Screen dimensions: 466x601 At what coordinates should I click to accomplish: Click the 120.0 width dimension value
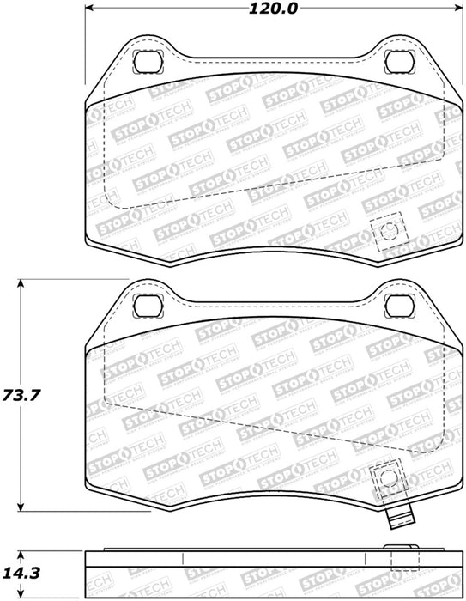click(273, 8)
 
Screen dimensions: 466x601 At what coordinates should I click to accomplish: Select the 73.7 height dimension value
click(21, 394)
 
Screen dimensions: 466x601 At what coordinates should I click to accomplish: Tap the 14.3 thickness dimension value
click(21, 573)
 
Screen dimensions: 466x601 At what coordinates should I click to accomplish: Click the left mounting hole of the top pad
click(148, 61)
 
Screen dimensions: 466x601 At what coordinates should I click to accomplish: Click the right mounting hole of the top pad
click(399, 61)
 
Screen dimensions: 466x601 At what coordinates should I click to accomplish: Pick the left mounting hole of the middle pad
click(148, 306)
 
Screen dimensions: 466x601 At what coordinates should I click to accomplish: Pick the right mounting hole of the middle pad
click(399, 306)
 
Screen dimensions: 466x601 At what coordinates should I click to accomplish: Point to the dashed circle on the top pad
click(390, 231)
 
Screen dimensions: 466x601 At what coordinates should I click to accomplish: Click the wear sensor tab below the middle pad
click(401, 515)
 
